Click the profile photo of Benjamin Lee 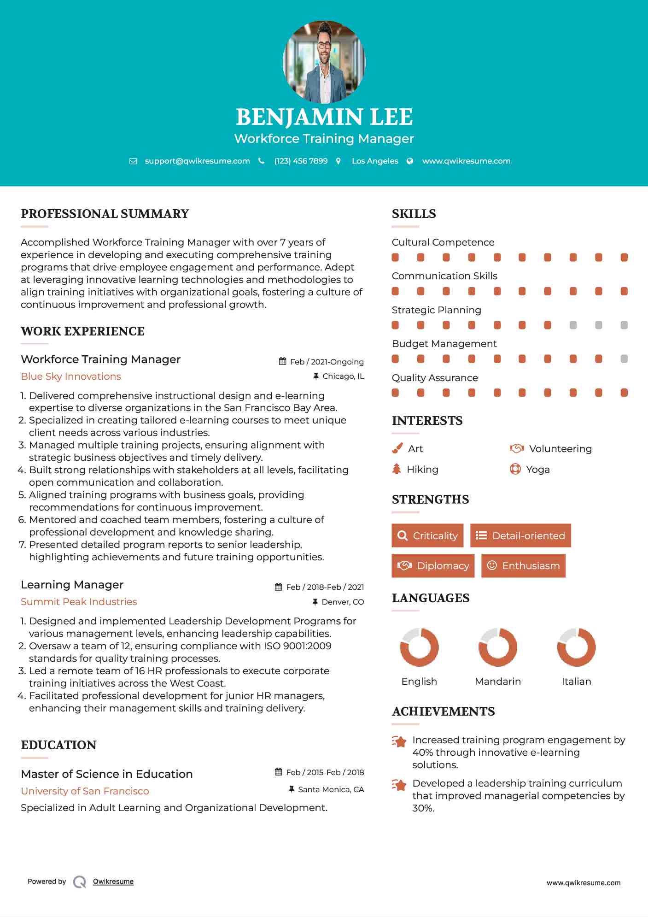[324, 62]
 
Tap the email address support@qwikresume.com [197, 161]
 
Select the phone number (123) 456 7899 [301, 161]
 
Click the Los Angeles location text [375, 161]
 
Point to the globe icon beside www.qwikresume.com [410, 161]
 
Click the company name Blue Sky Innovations [71, 376]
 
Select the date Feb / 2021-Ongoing [327, 362]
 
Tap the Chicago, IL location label [343, 376]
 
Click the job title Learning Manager [72, 585]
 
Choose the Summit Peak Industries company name [79, 602]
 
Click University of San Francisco [85, 791]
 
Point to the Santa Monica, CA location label [331, 790]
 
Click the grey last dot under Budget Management [624, 359]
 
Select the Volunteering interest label [560, 449]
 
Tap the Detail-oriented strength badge [520, 535]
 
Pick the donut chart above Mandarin [498, 647]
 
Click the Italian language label [576, 682]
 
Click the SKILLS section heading [414, 214]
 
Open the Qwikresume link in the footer [113, 882]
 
